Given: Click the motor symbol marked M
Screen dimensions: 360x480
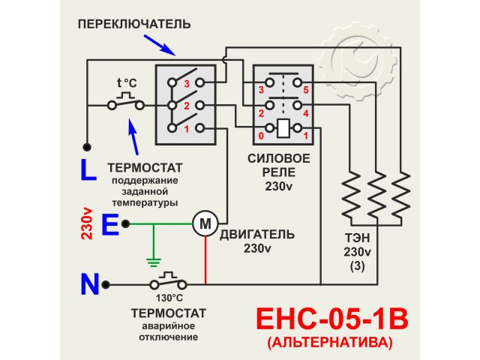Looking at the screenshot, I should click(204, 222).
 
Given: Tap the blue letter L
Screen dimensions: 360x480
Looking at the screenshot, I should click(88, 171).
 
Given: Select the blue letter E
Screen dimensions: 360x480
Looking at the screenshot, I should click(109, 224).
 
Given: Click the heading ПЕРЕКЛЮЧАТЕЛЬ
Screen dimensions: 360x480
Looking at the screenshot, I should click(134, 25).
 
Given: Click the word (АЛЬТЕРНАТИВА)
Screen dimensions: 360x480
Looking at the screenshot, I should click(330, 344).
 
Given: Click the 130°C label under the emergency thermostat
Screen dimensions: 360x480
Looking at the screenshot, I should click(169, 297).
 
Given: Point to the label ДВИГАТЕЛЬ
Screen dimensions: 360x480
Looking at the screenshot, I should click(256, 234).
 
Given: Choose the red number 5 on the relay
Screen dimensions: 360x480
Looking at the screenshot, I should click(306, 90).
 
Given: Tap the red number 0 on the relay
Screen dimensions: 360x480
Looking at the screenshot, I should click(260, 136).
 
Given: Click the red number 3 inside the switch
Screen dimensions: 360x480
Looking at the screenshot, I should click(187, 83).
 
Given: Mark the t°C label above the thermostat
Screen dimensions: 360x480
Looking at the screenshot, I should click(127, 83).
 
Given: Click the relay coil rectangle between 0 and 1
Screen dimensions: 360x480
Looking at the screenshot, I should click(283, 128).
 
